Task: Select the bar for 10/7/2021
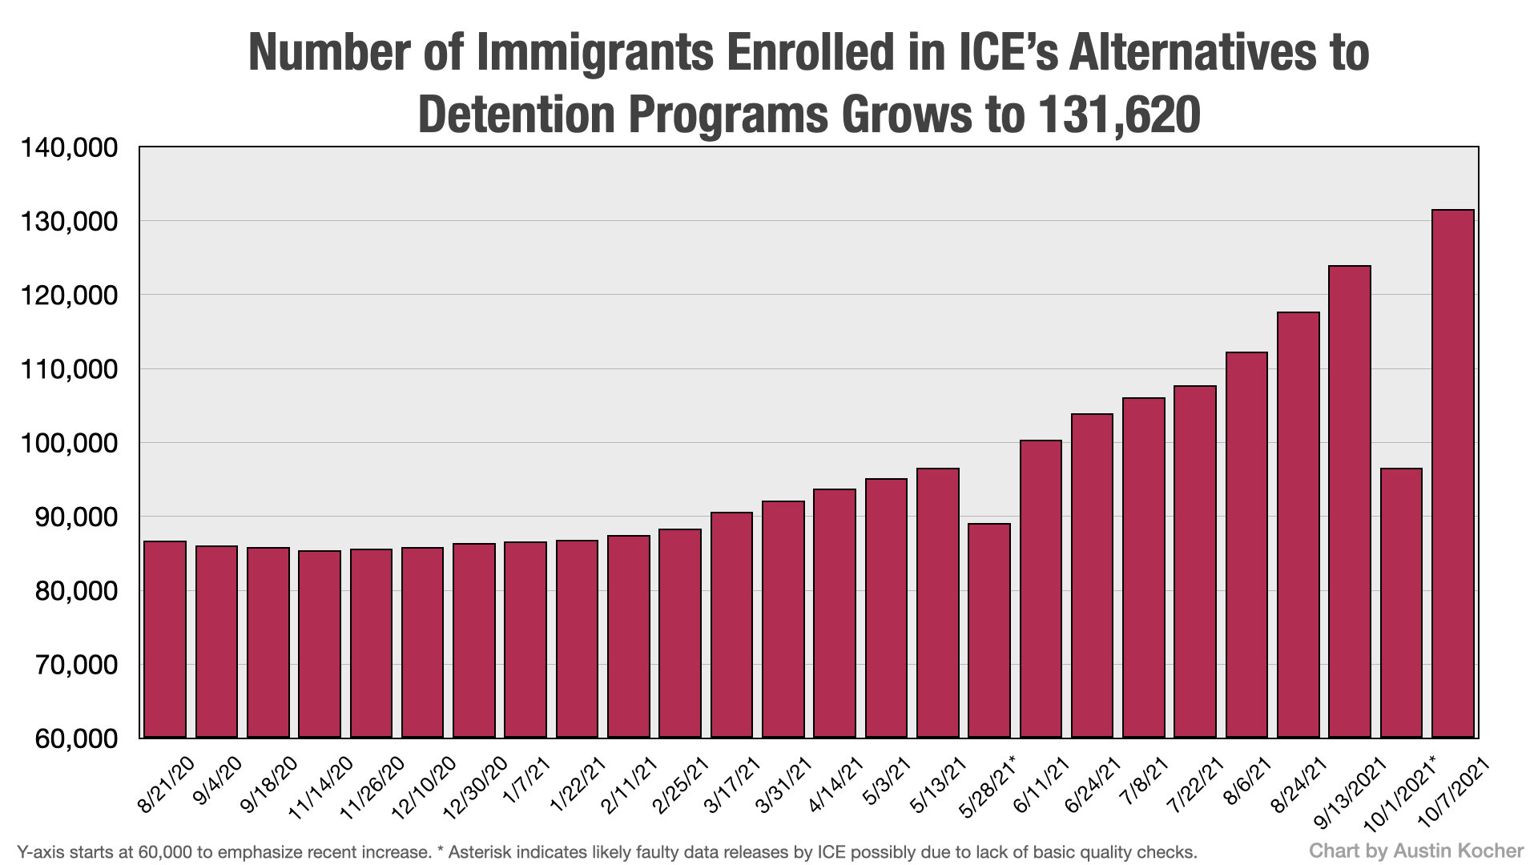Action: click(x=1452, y=473)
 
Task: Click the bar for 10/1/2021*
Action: click(x=1401, y=602)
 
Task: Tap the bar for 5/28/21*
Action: click(x=989, y=630)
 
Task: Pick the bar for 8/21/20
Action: click(x=165, y=639)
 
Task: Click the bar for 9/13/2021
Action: click(x=1350, y=501)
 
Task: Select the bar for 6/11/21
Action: click(x=1041, y=589)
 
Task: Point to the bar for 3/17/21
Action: click(x=731, y=625)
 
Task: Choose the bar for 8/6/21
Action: click(x=1246, y=545)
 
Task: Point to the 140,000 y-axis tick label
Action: click(x=68, y=148)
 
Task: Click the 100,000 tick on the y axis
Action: click(x=68, y=443)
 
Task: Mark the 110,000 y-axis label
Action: click(x=68, y=369)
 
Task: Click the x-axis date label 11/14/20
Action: click(x=320, y=787)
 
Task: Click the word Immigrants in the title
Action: click(x=594, y=53)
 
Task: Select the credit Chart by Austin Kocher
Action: click(x=1416, y=851)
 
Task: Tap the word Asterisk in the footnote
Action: click(x=477, y=852)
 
